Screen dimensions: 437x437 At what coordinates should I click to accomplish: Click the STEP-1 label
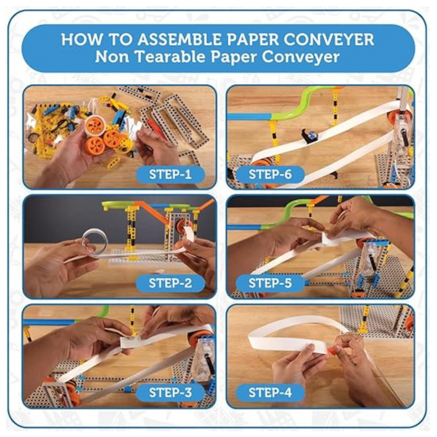click(170, 174)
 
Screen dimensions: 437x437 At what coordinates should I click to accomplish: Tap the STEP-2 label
click(170, 283)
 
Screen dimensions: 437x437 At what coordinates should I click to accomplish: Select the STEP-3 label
click(170, 393)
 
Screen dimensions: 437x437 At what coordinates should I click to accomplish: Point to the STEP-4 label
click(270, 393)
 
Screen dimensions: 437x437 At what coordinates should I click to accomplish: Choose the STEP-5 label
click(270, 283)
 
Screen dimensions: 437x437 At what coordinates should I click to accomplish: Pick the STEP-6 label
click(270, 174)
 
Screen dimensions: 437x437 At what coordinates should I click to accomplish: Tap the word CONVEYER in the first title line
click(329, 39)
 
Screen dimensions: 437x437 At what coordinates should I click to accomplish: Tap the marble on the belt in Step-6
click(312, 136)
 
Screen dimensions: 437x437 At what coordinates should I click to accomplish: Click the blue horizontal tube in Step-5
click(245, 227)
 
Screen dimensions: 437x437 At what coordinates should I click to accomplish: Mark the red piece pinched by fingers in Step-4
click(330, 349)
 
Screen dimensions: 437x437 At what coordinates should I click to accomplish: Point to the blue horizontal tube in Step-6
click(250, 116)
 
